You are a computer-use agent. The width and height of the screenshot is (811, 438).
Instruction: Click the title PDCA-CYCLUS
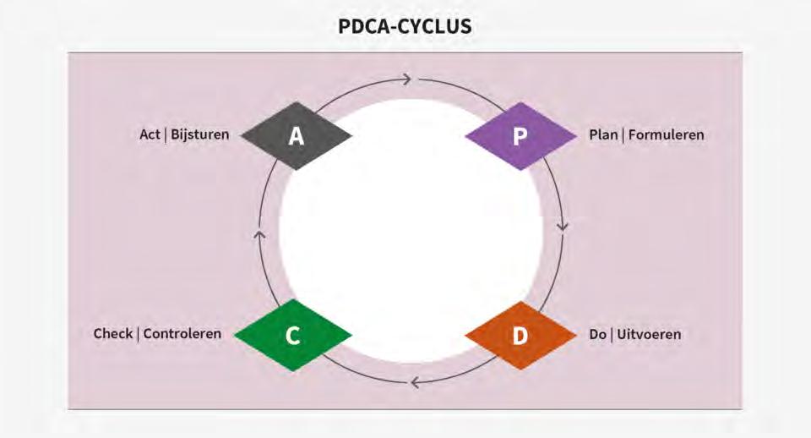click(x=405, y=26)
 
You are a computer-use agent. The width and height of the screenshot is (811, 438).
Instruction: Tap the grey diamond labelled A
click(x=296, y=135)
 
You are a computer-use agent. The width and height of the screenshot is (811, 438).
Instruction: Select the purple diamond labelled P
click(x=520, y=135)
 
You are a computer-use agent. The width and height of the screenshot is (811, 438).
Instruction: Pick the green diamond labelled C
click(x=292, y=335)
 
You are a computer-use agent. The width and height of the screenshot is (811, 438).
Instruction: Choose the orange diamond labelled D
click(x=520, y=335)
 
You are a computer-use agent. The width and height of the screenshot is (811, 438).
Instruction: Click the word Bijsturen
click(x=200, y=134)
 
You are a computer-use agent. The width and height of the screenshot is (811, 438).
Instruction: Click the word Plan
click(x=603, y=134)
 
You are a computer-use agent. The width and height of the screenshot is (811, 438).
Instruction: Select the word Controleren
click(x=182, y=334)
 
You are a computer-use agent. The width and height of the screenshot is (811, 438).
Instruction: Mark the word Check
click(x=113, y=334)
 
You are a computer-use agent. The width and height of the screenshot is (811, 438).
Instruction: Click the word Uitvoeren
click(x=649, y=335)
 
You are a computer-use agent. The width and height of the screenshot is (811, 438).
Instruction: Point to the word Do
click(x=598, y=335)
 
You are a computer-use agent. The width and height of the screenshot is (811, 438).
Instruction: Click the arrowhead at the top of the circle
click(x=406, y=79)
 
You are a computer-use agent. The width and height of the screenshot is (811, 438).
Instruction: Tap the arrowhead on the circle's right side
click(x=563, y=227)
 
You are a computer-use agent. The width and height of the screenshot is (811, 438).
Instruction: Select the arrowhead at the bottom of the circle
click(x=414, y=382)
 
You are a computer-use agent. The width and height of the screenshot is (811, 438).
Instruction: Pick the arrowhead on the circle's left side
click(x=259, y=234)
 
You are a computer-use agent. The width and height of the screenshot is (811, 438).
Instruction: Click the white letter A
click(x=296, y=135)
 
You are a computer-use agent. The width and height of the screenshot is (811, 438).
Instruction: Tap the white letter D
click(x=520, y=335)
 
